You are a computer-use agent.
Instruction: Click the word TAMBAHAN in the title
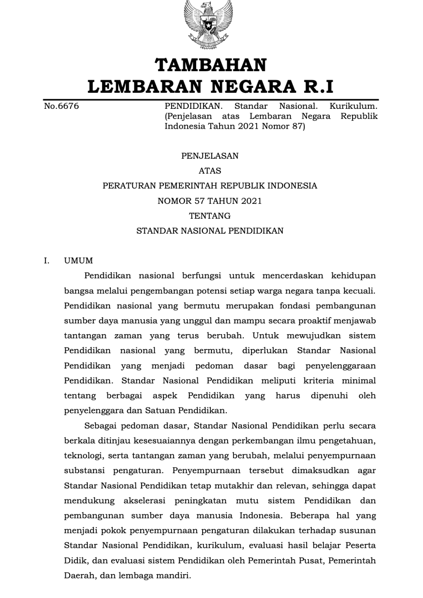tap(211, 65)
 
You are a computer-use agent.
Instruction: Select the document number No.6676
tap(61, 106)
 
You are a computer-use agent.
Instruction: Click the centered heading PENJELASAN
tap(210, 156)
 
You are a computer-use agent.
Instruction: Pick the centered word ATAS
tap(210, 171)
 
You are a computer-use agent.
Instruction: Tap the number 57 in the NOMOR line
tap(199, 201)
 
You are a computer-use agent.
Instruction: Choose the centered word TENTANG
tap(210, 216)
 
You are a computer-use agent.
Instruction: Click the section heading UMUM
tap(79, 261)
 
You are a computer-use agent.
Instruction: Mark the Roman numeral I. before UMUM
tap(47, 261)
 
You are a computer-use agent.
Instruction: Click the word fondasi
tap(295, 306)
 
